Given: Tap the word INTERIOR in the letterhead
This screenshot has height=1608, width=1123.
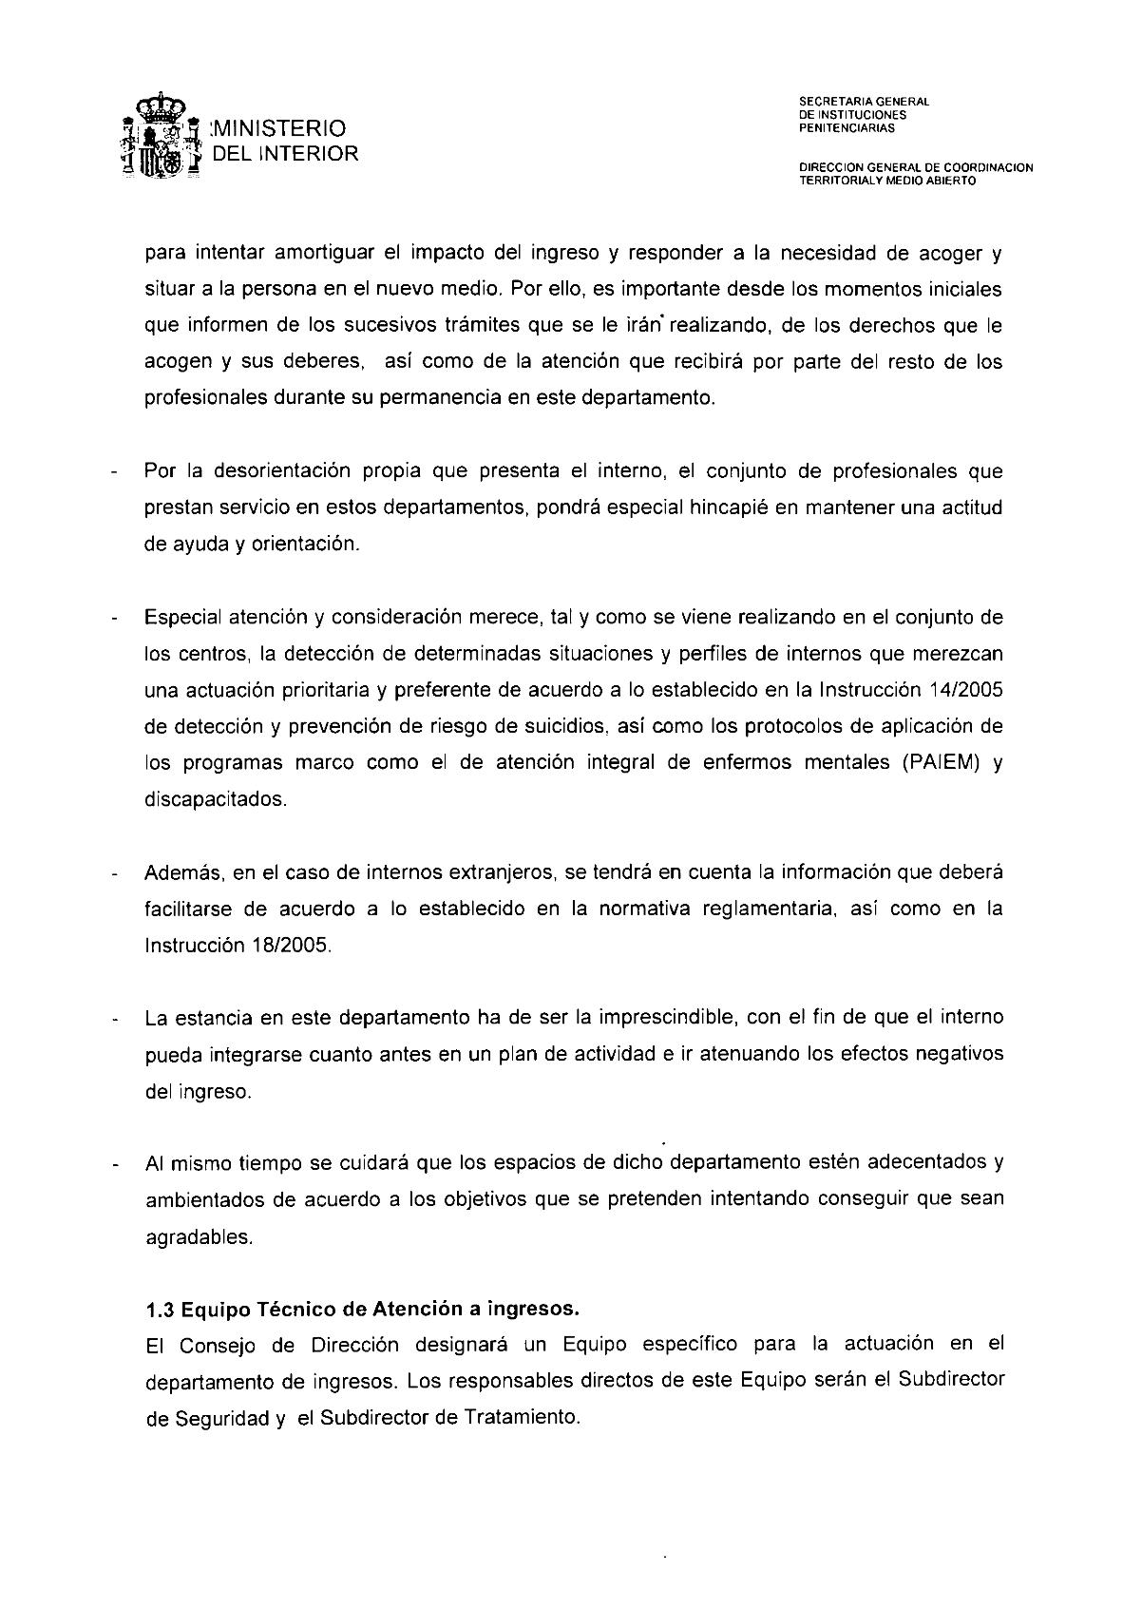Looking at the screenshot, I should pos(311,153).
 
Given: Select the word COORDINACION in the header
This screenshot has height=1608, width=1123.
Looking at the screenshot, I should pos(984,168).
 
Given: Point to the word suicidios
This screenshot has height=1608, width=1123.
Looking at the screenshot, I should pos(560,727).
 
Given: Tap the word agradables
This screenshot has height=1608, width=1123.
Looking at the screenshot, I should pos(198,1237).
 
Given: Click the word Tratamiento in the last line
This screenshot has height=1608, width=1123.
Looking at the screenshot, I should pos(523,1417).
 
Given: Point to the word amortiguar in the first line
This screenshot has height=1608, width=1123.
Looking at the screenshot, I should pos(326,254).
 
